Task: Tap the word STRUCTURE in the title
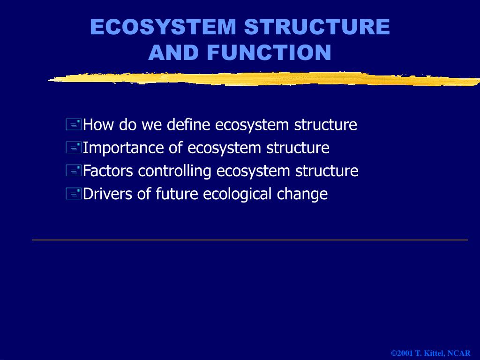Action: [317, 27]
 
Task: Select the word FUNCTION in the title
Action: [269, 53]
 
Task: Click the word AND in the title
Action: [173, 53]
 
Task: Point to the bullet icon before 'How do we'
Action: [74, 125]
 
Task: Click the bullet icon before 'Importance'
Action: [74, 148]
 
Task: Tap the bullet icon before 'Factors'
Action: [74, 171]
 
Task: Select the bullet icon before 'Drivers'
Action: [74, 194]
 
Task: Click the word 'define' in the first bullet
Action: [189, 125]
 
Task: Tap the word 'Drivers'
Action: [108, 194]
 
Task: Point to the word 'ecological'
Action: [237, 194]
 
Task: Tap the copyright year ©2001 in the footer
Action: [402, 353]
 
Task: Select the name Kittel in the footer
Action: [433, 353]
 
